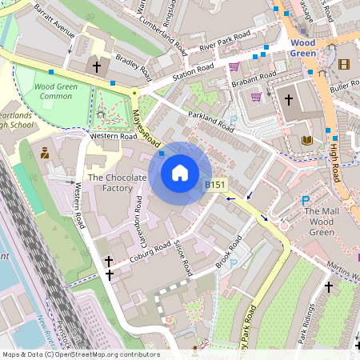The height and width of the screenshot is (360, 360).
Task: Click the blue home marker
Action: [x=180, y=173]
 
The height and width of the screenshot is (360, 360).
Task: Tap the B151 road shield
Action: [x=214, y=185]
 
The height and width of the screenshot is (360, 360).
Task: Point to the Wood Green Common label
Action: [x=57, y=90]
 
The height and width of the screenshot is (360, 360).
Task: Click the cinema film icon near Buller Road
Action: [x=344, y=64]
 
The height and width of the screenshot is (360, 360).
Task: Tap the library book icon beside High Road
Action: [x=307, y=140]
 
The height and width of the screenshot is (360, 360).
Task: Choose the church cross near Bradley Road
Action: [x=98, y=66]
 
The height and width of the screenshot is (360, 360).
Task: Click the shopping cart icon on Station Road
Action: [x=234, y=66]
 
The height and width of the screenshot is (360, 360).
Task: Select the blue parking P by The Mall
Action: [x=305, y=201]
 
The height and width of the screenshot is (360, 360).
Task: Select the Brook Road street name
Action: [x=230, y=255]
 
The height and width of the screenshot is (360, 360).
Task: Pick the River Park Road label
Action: [x=226, y=42]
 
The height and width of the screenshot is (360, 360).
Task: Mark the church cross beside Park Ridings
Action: [x=328, y=286]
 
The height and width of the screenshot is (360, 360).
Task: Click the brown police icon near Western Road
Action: [x=45, y=152]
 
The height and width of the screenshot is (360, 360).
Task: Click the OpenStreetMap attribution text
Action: [x=81, y=354]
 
